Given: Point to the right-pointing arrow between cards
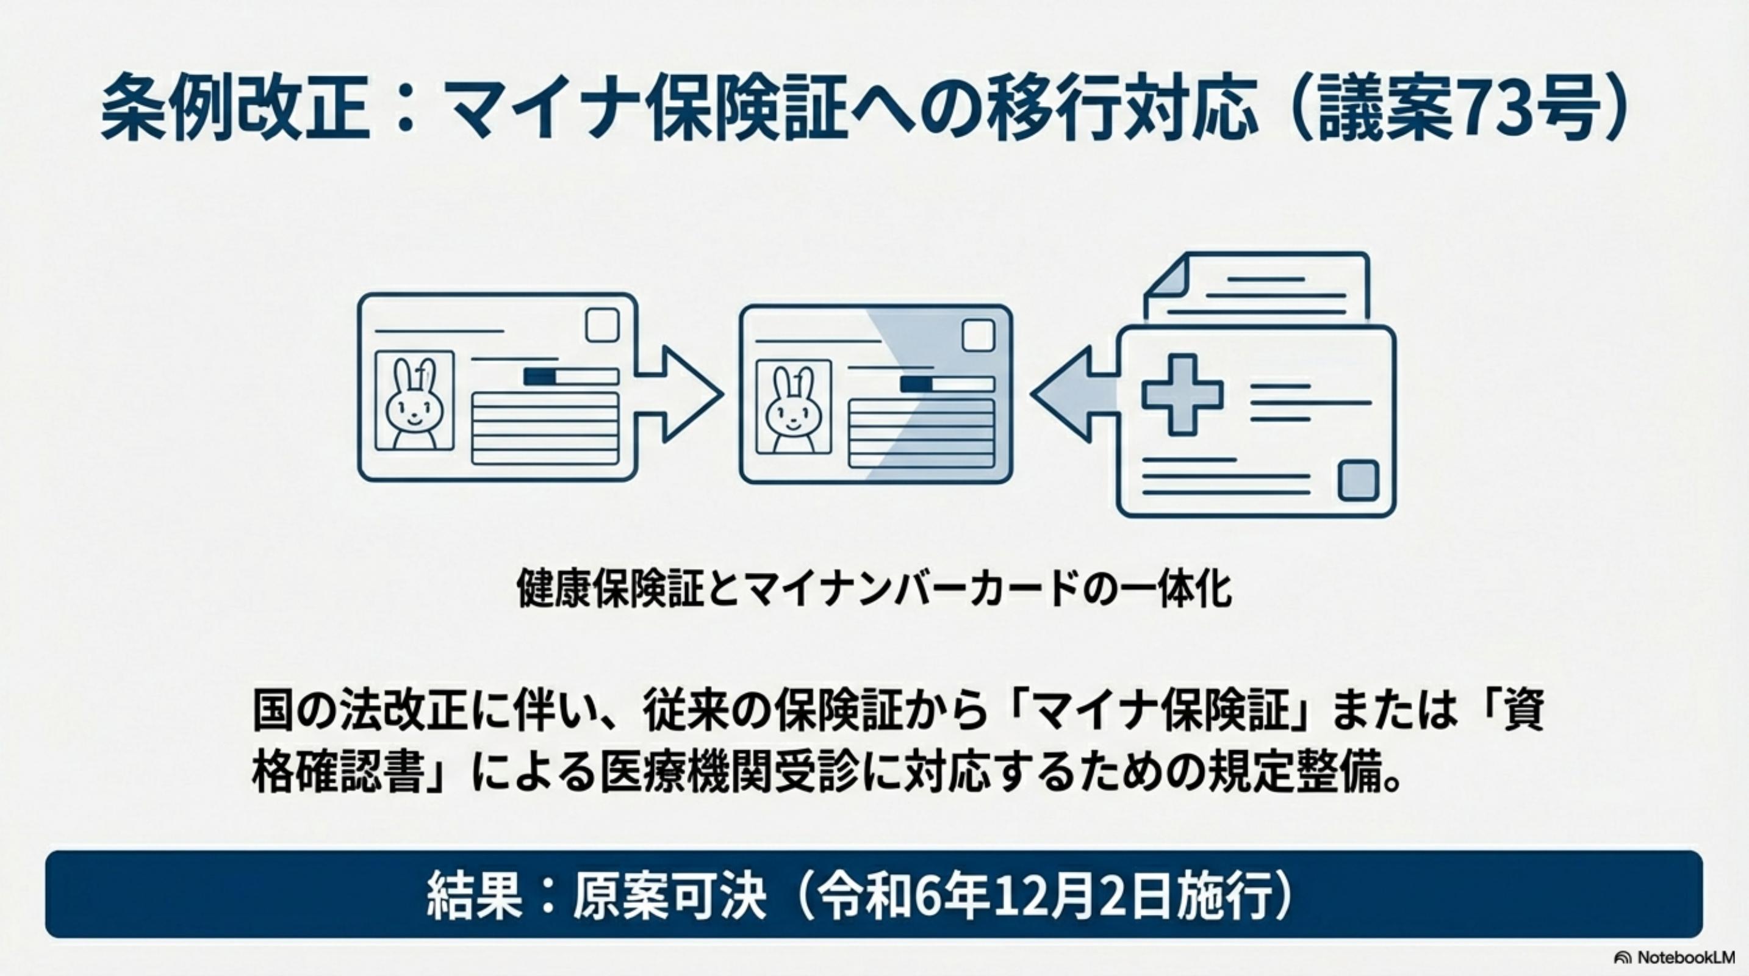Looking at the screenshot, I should coord(679,394).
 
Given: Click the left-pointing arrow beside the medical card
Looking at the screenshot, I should coord(1072,394).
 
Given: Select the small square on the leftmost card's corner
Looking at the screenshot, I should coord(602,326).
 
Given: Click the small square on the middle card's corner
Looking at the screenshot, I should coord(979,336).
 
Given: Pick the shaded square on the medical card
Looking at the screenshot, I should coord(1358,480).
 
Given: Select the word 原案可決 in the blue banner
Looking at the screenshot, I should coord(669,895).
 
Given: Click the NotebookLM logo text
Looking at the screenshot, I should coord(1684,957).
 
